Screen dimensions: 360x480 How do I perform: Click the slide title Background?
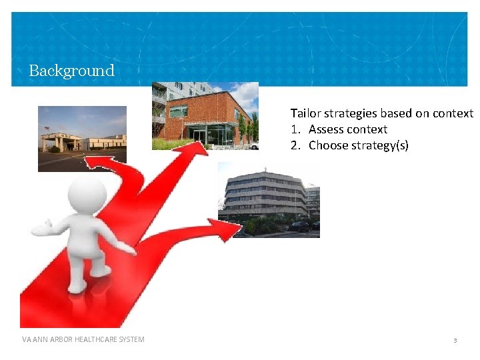tap(71, 71)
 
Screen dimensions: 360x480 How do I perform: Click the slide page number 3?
tap(455, 340)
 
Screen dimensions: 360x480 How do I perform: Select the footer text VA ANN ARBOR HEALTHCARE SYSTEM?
tap(83, 339)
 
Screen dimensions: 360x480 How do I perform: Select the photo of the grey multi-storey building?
tap(269, 200)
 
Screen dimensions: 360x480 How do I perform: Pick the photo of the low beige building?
tap(82, 139)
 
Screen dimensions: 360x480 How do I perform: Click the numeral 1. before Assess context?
tap(295, 129)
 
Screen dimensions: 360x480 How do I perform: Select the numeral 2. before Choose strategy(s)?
tap(295, 145)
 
